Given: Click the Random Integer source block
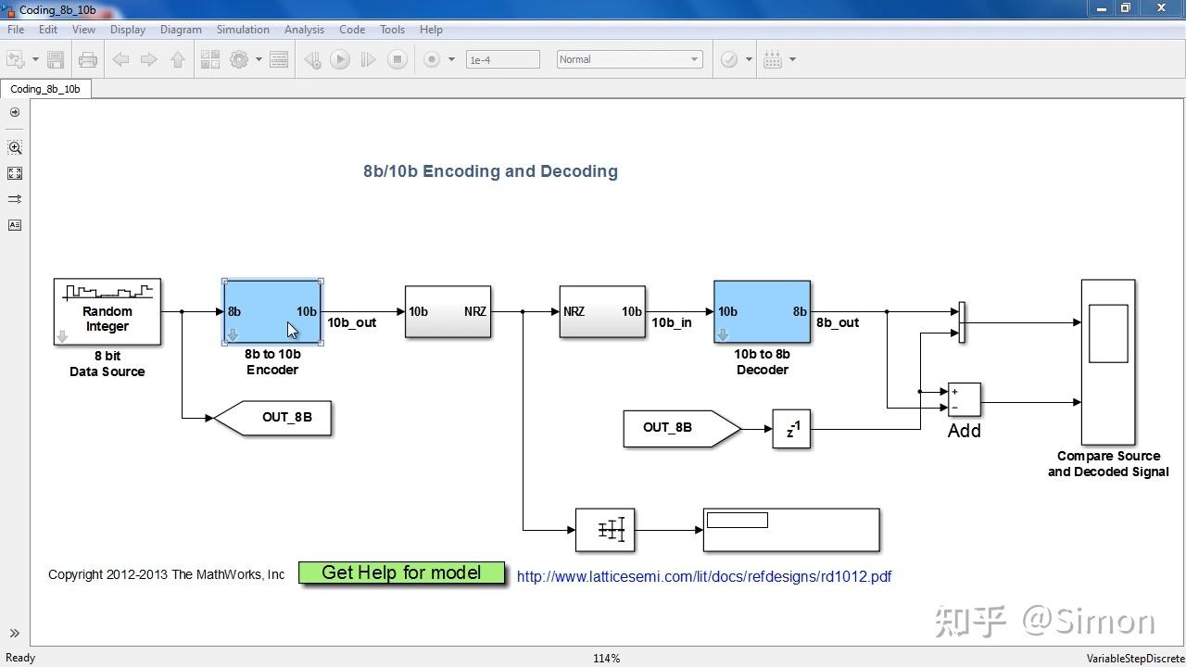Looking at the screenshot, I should [x=107, y=312].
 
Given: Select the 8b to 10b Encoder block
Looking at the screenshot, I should [x=272, y=312].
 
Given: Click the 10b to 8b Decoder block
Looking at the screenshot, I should [x=762, y=312].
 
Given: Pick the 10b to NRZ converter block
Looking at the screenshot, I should [x=448, y=312].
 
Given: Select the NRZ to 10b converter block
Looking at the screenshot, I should [x=602, y=312].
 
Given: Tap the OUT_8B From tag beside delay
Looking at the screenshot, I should [x=679, y=428].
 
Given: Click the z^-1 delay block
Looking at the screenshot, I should [x=791, y=429].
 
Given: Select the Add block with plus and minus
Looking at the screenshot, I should [x=964, y=399].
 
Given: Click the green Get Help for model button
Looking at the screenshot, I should [x=401, y=573].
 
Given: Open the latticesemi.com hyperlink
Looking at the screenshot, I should [x=703, y=576].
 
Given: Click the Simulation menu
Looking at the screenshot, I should [x=243, y=30].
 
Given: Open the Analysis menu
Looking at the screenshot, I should [x=304, y=30].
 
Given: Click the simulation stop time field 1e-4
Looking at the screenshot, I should [x=502, y=59].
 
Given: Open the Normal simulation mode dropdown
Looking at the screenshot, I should [x=629, y=59].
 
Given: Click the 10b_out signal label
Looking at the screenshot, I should [x=352, y=322].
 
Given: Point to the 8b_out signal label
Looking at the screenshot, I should [x=838, y=322].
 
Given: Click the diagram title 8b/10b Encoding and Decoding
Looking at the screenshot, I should [x=490, y=171].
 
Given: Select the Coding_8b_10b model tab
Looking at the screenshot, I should [x=45, y=89].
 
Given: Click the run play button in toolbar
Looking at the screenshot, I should [x=340, y=59].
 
